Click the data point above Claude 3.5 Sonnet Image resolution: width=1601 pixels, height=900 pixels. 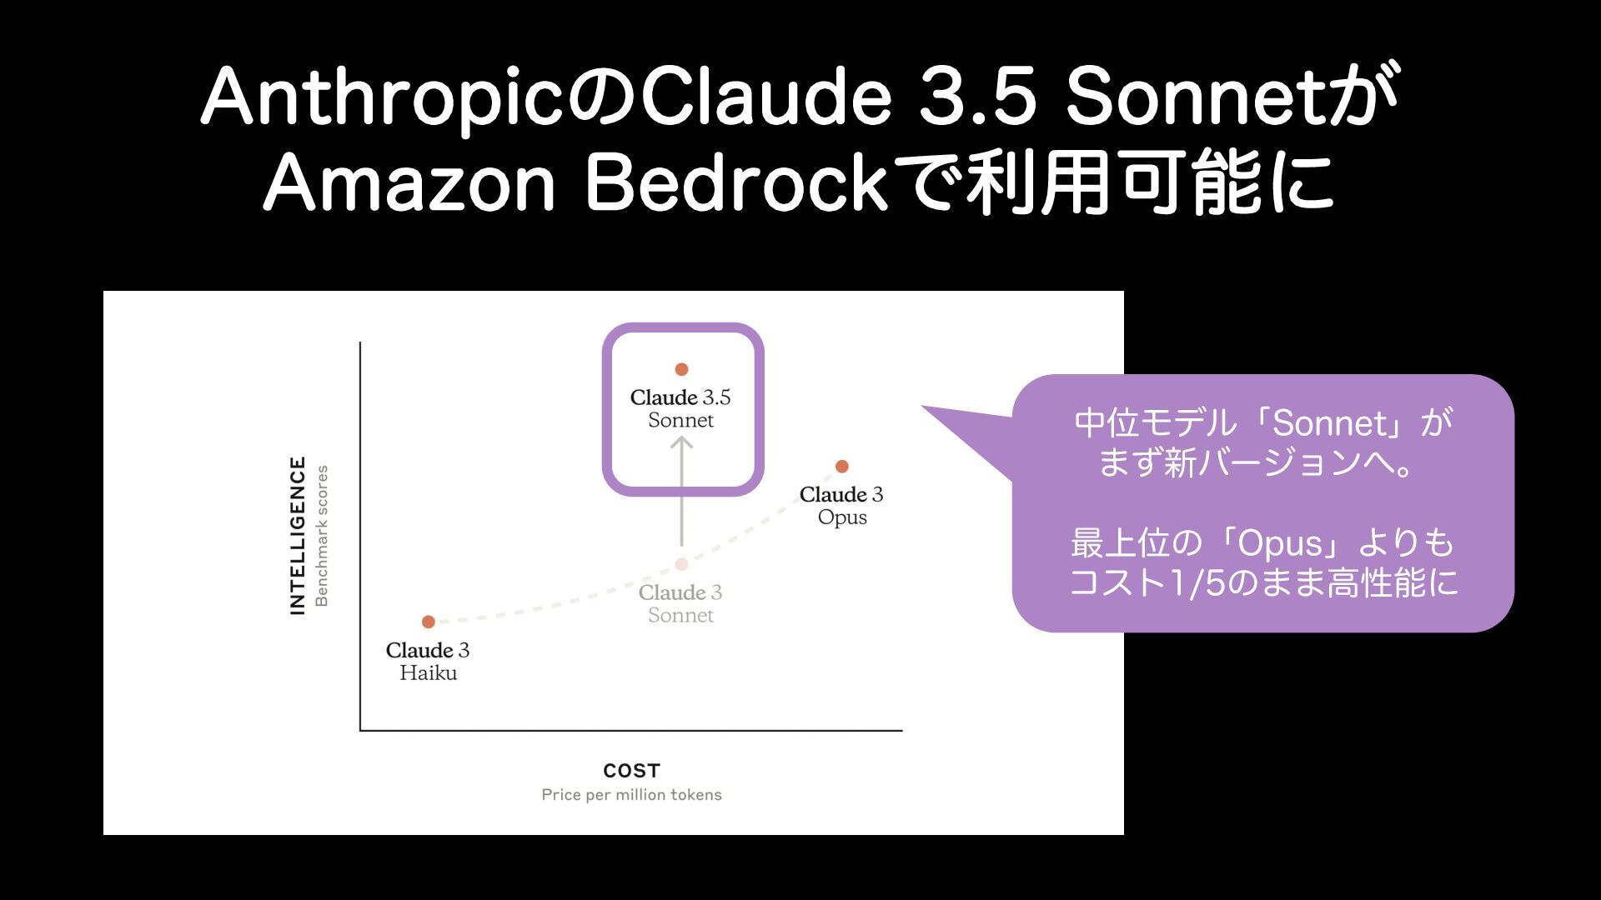tap(681, 369)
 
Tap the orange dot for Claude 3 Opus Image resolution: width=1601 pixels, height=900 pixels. tap(841, 466)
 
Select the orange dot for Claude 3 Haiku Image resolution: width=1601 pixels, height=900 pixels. tap(429, 622)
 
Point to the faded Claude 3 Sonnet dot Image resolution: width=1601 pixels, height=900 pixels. tap(681, 564)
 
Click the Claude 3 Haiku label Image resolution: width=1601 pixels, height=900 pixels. tap(428, 661)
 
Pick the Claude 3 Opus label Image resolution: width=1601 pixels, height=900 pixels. tap(841, 506)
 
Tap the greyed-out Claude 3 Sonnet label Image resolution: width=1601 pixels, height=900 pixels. tap(680, 603)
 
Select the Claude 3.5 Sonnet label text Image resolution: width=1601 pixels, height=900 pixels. tap(680, 408)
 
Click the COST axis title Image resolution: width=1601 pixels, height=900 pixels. tap(631, 771)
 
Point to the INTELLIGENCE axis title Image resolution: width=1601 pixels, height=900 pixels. tap(298, 536)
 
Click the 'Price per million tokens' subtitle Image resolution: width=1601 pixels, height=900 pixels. tap(631, 795)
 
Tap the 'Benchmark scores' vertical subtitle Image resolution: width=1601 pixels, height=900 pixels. tap(322, 536)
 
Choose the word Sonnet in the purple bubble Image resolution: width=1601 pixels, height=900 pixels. tap(1329, 424)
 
